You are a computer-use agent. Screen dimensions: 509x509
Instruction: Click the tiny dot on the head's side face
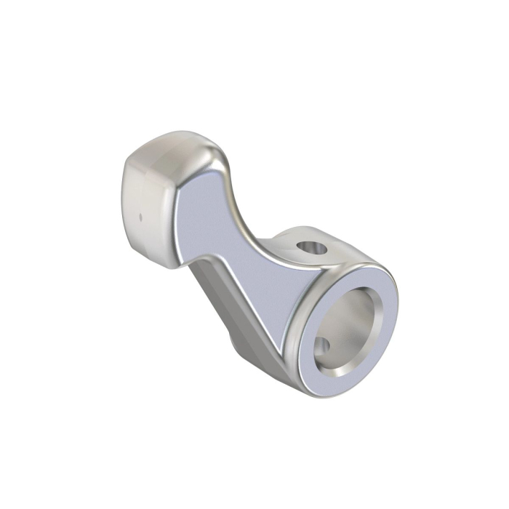coord(140,216)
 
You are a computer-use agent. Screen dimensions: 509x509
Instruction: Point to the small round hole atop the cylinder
coord(313,249)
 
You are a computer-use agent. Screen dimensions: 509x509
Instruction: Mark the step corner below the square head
coord(193,265)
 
